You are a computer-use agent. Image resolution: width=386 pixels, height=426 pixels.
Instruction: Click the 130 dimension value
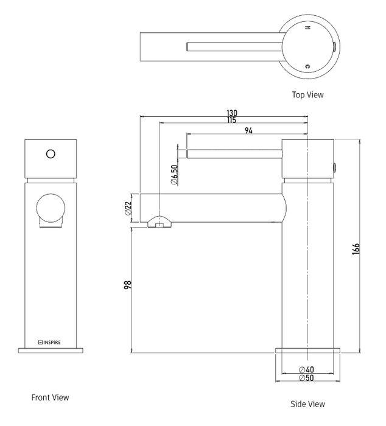click(x=231, y=113)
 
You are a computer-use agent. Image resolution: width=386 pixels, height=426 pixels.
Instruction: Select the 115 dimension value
click(x=231, y=120)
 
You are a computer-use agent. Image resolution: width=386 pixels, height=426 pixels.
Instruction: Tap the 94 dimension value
click(x=248, y=130)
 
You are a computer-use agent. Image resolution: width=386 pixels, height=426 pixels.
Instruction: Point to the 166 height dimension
click(x=356, y=248)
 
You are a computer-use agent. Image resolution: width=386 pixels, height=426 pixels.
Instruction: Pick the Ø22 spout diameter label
click(x=128, y=208)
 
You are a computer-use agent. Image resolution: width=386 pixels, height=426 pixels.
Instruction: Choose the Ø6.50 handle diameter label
click(x=175, y=175)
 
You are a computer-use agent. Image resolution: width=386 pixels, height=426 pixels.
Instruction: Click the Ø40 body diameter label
click(x=306, y=369)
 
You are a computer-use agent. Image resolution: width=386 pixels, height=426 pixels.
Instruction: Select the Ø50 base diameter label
click(x=306, y=378)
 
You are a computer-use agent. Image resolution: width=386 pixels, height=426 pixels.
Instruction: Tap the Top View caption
click(x=307, y=95)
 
